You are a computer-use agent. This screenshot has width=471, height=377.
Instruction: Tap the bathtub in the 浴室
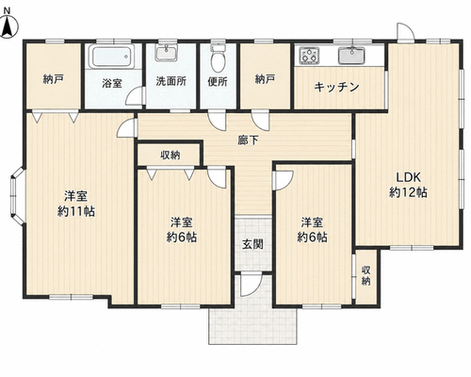(x=111, y=57)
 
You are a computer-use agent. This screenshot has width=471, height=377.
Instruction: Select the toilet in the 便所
(x=218, y=58)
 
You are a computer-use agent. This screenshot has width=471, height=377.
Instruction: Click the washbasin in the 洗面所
(x=167, y=53)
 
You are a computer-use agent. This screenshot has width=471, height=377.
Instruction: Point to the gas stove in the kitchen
(x=309, y=56)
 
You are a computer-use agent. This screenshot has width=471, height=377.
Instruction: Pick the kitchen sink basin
(x=351, y=56)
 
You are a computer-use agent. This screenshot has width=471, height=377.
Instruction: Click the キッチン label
(x=336, y=87)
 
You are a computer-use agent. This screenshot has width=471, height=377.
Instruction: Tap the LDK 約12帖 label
(x=408, y=185)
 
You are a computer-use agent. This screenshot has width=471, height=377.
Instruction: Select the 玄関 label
(x=252, y=244)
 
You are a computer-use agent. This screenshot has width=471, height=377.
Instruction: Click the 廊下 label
(x=248, y=140)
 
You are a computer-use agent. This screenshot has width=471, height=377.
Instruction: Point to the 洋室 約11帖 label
(x=76, y=204)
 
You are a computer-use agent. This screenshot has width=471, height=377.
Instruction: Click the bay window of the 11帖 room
(x=17, y=196)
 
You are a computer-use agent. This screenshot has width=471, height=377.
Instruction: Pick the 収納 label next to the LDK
(x=365, y=275)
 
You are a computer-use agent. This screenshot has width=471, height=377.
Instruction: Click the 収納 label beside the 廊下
(x=171, y=155)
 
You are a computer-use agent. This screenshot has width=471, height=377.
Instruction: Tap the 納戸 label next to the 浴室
(x=54, y=79)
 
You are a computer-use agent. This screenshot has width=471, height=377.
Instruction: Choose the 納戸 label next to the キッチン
(x=265, y=79)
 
